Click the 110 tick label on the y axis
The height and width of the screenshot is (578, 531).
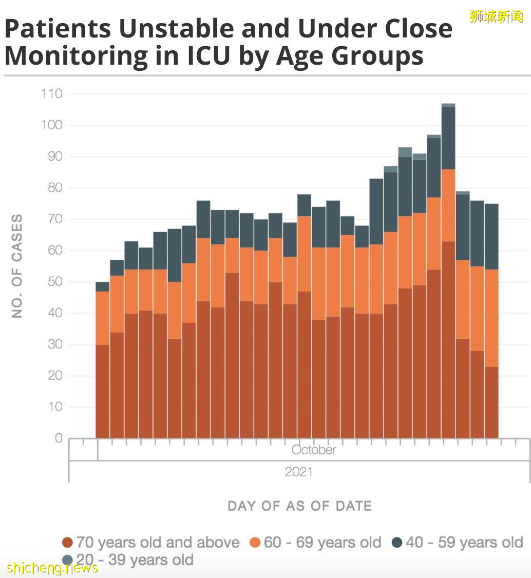pos(51,93)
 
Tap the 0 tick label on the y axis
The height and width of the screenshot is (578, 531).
pos(58,438)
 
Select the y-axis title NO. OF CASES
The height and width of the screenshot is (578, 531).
pos(17,266)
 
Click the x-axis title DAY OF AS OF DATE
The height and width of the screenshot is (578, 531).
pos(299,506)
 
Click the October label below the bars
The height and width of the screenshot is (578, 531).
pos(313,450)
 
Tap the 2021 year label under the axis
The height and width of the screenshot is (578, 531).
pos(299,472)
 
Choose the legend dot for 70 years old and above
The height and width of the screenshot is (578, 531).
pos(67,543)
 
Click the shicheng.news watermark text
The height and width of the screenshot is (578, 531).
pos(52,568)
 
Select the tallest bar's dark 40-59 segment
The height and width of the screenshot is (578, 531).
pos(448,138)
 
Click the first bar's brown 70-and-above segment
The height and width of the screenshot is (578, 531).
pos(103,391)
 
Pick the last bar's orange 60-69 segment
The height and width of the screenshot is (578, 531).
pos(491,318)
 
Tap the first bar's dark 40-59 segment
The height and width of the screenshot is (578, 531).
pos(103,286)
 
